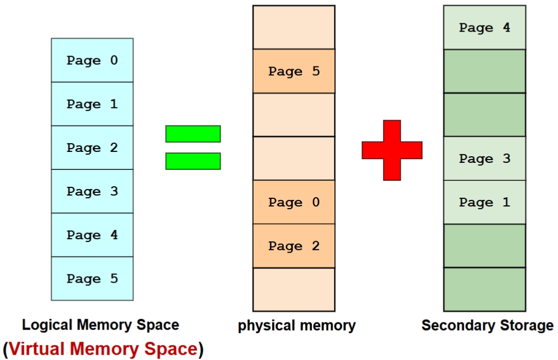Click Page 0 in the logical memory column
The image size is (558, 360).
92,60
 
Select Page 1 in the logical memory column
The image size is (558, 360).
92,104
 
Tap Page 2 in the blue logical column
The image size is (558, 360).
92,148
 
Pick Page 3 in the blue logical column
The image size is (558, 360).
92,191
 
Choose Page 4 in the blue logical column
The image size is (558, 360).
92,235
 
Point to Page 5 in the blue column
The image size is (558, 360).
92,278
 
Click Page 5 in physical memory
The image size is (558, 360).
294,71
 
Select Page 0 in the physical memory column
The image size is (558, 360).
294,202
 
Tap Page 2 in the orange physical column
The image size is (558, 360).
294,246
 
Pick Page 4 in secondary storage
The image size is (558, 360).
485,28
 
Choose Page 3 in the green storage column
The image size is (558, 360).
485,158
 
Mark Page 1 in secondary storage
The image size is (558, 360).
485,202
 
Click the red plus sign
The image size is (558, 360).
392,150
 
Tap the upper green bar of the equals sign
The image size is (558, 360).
193,134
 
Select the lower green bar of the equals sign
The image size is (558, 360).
193,161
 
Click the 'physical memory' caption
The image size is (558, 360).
297,326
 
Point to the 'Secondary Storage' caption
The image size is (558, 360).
487,326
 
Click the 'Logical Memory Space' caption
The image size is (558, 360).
100,325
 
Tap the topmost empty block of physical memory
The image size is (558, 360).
294,27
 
